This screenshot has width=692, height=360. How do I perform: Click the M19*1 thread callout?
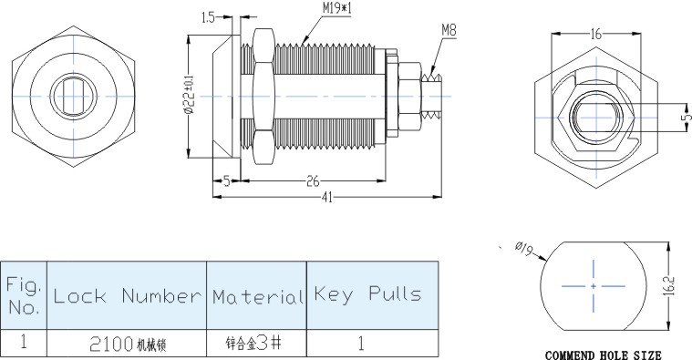point(337,8)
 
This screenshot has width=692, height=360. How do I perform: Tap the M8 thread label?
point(449,30)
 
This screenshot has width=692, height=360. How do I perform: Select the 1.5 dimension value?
point(208,17)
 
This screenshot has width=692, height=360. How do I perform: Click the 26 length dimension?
point(313,180)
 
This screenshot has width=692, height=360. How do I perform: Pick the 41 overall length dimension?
point(326,197)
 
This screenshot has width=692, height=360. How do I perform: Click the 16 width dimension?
point(595,34)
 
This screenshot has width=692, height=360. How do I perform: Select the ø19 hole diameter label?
point(524,249)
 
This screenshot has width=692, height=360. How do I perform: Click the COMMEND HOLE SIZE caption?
point(604,355)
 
